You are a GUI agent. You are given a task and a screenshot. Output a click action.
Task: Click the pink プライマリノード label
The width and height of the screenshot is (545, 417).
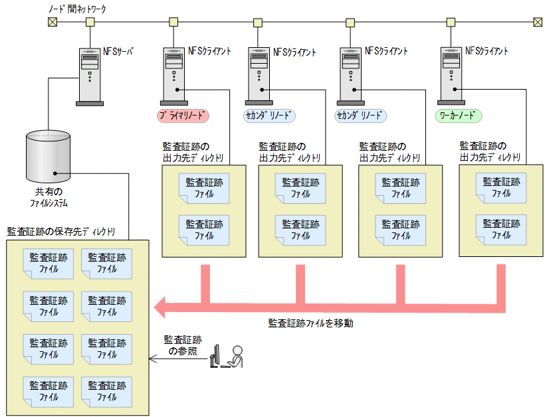coord(183,116)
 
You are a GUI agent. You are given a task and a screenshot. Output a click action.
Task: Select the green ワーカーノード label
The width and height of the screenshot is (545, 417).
coord(459,116)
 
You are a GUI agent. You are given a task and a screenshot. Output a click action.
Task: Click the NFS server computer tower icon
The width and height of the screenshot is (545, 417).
coord(90,76)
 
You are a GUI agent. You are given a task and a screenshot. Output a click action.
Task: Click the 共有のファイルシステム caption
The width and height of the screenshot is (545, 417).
coord(47,197)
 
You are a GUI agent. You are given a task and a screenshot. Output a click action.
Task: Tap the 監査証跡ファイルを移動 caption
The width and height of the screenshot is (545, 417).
coord(311,323)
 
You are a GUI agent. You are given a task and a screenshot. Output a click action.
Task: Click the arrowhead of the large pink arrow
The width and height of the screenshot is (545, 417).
coord(162,307)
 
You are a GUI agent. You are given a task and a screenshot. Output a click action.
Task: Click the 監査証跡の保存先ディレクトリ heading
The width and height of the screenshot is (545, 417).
coord(61,231)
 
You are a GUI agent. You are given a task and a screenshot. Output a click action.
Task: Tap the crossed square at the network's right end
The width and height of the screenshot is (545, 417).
coord(538,22)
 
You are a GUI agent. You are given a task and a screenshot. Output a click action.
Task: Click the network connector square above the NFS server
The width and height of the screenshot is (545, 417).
coord(90,22)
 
